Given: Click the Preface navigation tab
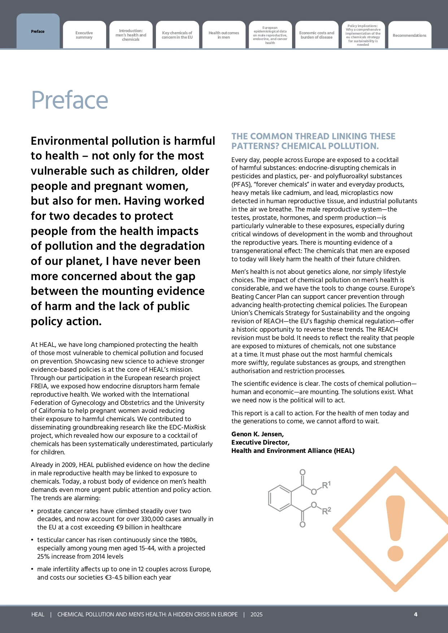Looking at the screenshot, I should click(x=38, y=32).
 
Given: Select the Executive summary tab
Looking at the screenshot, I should click(x=84, y=35).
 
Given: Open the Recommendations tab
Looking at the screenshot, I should click(x=409, y=35).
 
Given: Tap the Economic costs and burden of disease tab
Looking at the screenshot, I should click(x=317, y=35).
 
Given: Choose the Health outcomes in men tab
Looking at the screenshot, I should click(x=224, y=35).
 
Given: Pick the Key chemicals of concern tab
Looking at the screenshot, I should click(x=177, y=35).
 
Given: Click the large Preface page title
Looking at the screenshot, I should click(x=70, y=100).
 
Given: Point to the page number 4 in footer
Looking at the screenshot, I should click(x=416, y=614).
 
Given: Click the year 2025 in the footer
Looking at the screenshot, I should click(x=256, y=614).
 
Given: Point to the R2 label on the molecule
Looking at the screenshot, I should click(x=326, y=511).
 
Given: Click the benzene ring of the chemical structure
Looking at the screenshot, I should click(x=280, y=498).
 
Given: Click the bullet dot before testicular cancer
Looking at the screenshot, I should click(x=32, y=540).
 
